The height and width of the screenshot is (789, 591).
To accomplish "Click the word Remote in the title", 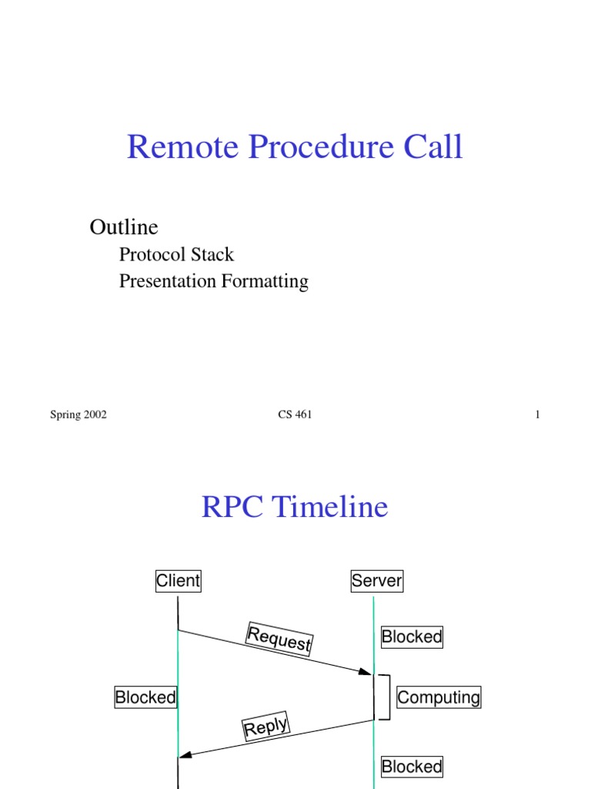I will tap(172, 146).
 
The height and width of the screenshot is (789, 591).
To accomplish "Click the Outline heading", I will tap(124, 227).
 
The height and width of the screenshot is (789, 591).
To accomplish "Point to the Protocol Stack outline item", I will tap(176, 254).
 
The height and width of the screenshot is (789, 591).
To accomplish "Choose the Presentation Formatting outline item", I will tap(213, 281).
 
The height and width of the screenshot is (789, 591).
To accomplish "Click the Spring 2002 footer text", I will tap(78, 415).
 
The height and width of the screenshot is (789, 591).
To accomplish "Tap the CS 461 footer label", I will tap(295, 415).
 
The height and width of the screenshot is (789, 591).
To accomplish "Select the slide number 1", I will tap(538, 415).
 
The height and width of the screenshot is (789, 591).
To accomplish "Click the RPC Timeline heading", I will tap(295, 508).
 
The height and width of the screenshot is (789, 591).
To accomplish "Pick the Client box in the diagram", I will tap(178, 581).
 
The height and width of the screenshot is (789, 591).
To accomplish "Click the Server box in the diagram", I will tap(376, 581).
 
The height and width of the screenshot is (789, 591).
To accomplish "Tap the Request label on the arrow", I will tap(279, 640).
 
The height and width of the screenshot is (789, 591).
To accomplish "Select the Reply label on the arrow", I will tap(265, 727).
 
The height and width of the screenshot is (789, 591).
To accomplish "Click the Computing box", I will tap(439, 697).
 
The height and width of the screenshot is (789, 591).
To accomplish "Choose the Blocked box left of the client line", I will tap(145, 697).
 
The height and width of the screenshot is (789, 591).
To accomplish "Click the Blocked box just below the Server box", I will tap(412, 636).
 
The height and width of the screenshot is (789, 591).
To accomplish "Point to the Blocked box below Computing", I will tap(412, 766).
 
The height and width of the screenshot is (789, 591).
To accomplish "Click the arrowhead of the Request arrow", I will tap(366, 672).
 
